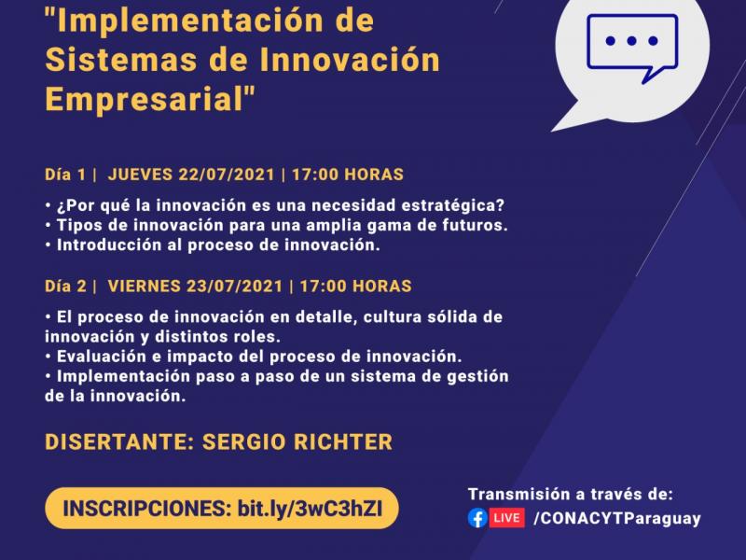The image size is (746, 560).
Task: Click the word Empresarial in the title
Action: click(x=145, y=99)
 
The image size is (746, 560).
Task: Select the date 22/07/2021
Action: click(x=227, y=175)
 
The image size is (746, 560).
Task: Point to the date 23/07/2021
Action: click(x=235, y=287)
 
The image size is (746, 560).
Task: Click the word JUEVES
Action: click(x=140, y=175)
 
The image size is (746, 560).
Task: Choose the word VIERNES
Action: click(x=144, y=287)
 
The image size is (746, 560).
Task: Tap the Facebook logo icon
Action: click(x=477, y=518)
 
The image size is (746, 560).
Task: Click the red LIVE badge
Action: click(x=506, y=518)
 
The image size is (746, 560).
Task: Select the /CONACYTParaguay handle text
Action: click(x=617, y=519)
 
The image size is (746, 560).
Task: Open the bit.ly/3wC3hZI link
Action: click(x=310, y=509)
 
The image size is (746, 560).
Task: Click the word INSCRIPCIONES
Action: click(x=147, y=509)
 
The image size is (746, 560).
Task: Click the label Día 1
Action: click(x=65, y=175)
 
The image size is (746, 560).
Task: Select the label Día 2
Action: click(x=65, y=287)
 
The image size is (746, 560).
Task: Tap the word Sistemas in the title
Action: click(x=120, y=60)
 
